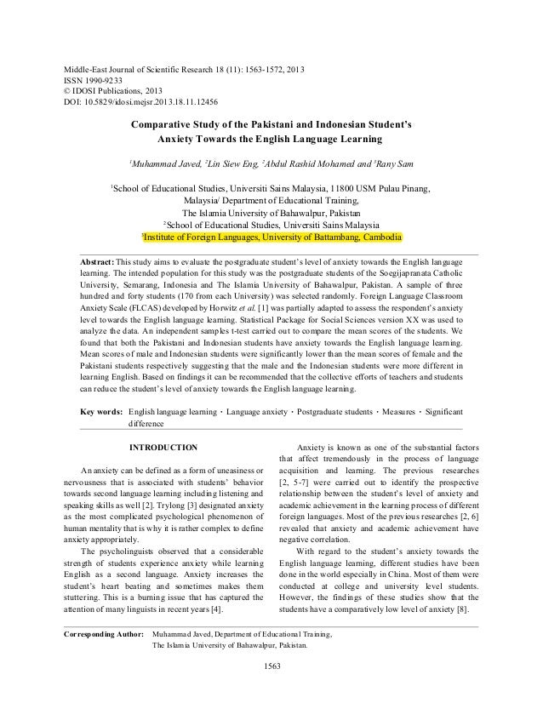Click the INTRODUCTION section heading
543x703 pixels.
[162, 447]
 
